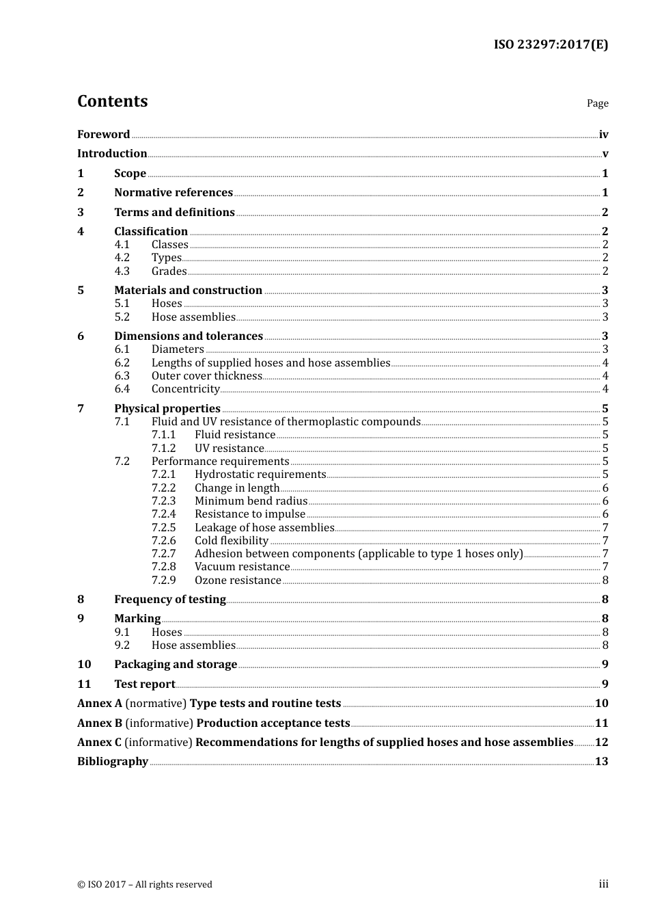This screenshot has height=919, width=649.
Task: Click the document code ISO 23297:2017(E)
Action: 551,44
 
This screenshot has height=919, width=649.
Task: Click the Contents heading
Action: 112,101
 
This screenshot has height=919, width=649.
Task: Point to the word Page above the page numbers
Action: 597,103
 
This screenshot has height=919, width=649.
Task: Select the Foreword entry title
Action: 103,134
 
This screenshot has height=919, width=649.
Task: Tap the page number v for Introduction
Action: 605,154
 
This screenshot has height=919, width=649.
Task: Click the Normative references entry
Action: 174,193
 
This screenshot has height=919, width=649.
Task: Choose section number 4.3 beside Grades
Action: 122,271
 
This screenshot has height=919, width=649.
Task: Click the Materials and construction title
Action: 188,291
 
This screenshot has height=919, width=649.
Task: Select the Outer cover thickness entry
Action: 206,376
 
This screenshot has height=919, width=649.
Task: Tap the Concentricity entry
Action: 185,389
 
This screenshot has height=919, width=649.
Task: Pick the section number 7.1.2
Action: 163,449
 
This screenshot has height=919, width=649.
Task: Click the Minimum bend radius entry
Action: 251,501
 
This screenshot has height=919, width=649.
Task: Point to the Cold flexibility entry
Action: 232,541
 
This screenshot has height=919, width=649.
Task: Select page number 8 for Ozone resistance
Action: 605,581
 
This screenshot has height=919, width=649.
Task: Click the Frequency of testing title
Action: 169,600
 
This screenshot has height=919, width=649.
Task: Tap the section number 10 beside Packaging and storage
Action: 84,665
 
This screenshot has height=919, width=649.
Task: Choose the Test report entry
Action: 144,684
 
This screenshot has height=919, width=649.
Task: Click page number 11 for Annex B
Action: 601,723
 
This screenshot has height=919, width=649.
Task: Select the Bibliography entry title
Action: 113,762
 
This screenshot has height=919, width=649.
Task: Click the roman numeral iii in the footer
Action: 603,884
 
